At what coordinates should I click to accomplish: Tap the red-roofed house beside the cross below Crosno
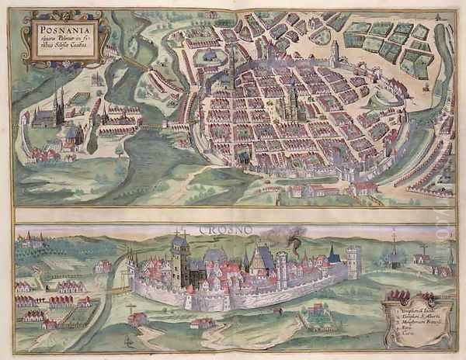[x=141, y=318]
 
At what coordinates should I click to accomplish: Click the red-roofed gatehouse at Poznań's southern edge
[x=365, y=187]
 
